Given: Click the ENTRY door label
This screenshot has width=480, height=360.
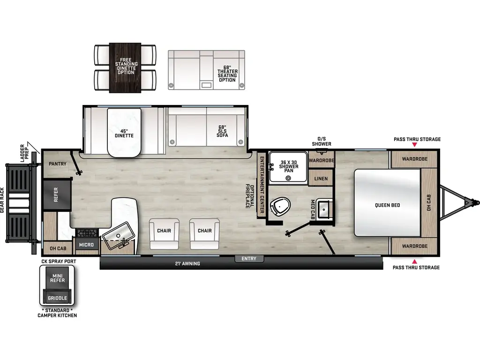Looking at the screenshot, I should pos(249,259).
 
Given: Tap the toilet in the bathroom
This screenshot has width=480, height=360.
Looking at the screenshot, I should pos(281,206).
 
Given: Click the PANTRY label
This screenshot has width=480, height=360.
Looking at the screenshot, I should pos(57,164).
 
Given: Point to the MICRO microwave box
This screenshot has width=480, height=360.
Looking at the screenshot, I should pos(86,245).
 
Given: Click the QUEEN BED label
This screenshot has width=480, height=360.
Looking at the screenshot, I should pos(387,205).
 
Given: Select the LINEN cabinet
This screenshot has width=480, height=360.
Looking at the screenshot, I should pos(321,179).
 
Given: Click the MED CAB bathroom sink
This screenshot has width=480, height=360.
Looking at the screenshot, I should pos(324,209).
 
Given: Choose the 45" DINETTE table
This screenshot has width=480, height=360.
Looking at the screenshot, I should pos(124,133).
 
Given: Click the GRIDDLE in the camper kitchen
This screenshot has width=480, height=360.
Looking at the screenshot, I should pos(58,298).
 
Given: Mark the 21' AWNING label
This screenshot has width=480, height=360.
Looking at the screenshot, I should pos(187,263).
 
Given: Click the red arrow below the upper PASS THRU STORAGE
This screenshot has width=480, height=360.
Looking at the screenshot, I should pos(414,145).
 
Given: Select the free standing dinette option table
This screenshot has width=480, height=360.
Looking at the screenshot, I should pos(125,67).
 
